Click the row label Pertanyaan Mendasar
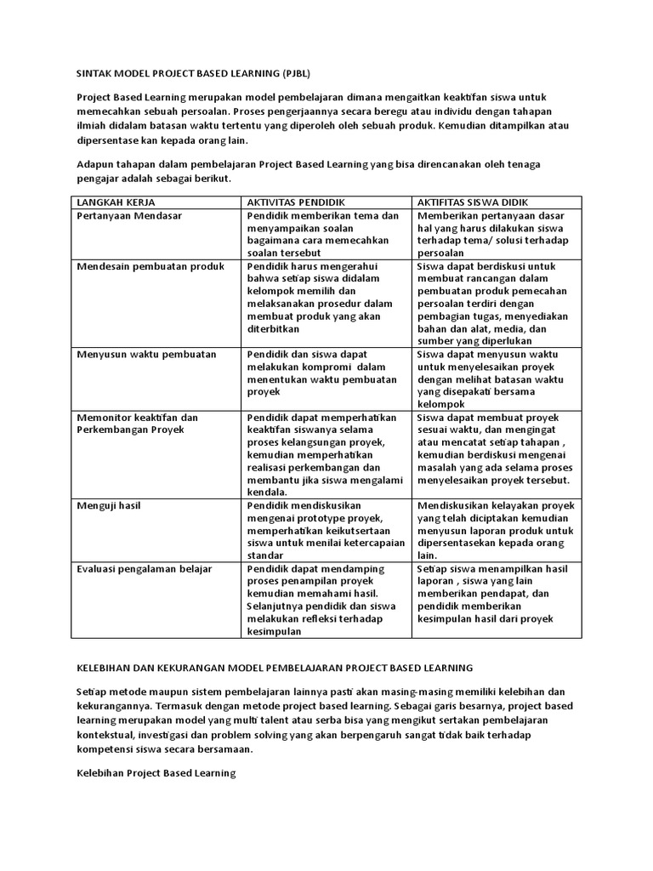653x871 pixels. [129, 216]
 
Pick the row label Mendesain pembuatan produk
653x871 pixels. [150, 266]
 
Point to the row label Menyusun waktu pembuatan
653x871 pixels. [146, 354]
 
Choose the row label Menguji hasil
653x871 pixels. [109, 505]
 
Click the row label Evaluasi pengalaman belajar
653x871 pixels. [145, 568]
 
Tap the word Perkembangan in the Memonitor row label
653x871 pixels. [111, 430]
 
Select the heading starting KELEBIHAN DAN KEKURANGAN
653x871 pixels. [274, 669]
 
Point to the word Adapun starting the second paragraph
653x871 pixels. [94, 163]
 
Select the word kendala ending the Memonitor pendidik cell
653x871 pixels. [267, 492]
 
